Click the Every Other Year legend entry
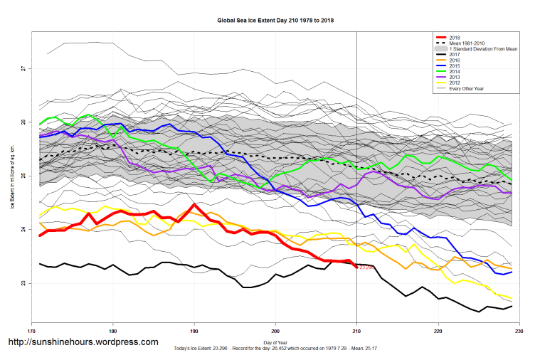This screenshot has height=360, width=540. point(467,88)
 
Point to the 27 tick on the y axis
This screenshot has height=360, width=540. point(23,68)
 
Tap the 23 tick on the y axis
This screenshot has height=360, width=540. point(23,283)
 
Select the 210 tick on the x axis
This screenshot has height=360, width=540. point(356,332)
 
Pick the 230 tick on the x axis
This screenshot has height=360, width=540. point(519,332)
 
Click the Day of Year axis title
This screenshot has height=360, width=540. point(275,344)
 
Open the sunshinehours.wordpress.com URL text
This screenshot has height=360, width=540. point(83,342)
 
